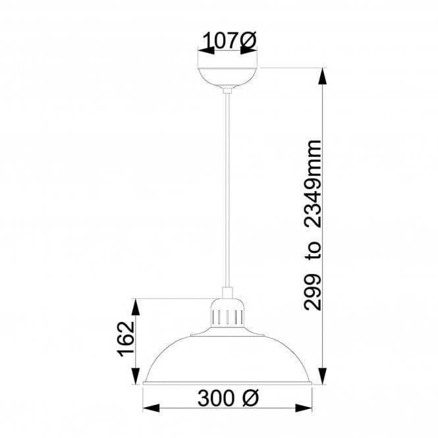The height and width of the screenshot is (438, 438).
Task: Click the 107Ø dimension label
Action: (228, 41)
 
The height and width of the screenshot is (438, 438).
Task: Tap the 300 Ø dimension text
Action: (228, 398)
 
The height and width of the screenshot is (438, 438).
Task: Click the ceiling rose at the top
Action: (228, 76)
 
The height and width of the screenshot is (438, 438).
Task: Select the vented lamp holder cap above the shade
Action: (228, 317)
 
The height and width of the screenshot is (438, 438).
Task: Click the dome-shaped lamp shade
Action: (228, 359)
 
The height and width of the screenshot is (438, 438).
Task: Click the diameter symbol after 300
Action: (251, 398)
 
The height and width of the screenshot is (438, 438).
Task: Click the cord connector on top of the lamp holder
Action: (228, 294)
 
